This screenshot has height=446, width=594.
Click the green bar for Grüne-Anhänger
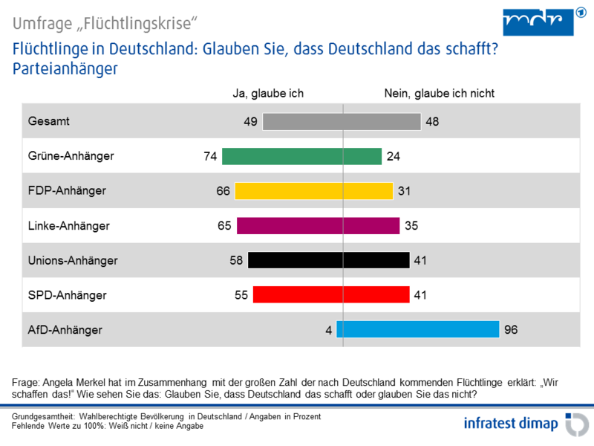[x=302, y=156]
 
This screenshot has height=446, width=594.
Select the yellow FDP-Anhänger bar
[x=313, y=191]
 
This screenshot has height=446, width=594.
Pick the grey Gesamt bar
[x=342, y=121]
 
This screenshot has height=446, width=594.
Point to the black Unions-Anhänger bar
[x=328, y=260]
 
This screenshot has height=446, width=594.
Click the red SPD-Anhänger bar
[x=330, y=295]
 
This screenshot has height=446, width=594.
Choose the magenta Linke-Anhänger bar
[x=318, y=225]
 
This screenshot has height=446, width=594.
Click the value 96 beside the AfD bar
[x=511, y=329]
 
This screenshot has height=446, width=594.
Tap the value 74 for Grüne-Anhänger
[x=209, y=156]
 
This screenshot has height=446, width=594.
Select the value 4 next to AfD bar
[x=328, y=329]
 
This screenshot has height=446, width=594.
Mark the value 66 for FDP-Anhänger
[x=223, y=191]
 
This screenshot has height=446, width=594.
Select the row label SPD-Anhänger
[x=67, y=295]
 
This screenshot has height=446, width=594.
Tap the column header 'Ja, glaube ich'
[x=269, y=94]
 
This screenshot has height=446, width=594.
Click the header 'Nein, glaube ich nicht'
[x=439, y=94]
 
